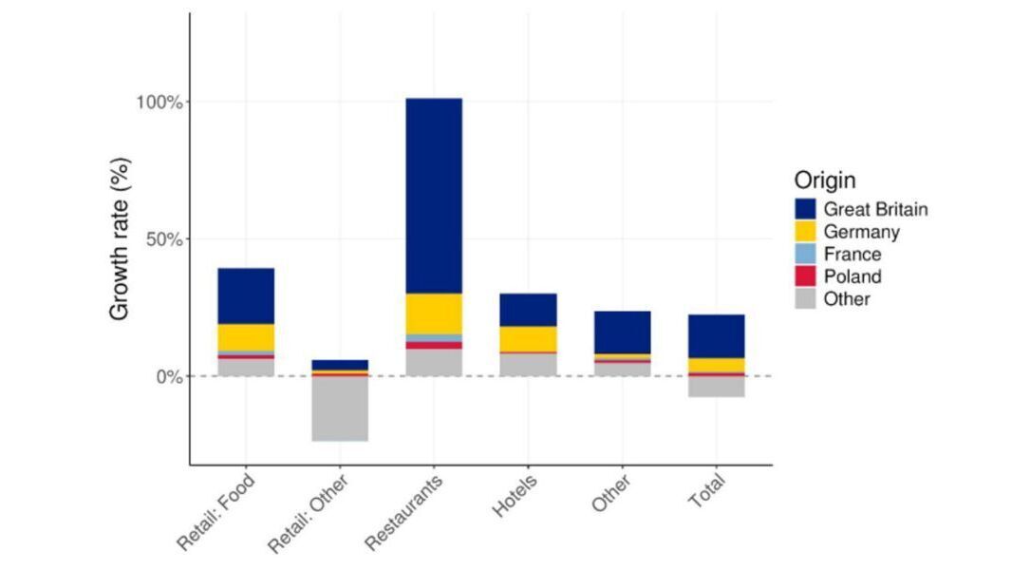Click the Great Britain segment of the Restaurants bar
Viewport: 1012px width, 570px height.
coord(433,195)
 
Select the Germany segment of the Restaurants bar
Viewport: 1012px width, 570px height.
coord(433,313)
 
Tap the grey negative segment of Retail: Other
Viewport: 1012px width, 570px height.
coord(340,408)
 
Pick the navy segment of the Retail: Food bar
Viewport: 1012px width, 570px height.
coord(246,295)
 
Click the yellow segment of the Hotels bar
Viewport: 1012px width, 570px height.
coord(528,338)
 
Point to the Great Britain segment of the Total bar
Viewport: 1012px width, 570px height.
coord(716,336)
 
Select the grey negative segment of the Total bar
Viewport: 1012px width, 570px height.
coord(716,387)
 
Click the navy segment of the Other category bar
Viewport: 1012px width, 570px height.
coord(623,332)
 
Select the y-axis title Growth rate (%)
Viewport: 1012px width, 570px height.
coord(120,239)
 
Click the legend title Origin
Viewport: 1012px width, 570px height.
coord(825,180)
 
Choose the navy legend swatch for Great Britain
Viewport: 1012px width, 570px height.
coord(805,209)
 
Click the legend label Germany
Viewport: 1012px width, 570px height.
coord(861,232)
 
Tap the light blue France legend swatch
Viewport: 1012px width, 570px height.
coord(805,255)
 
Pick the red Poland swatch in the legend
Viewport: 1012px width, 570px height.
coord(805,276)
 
